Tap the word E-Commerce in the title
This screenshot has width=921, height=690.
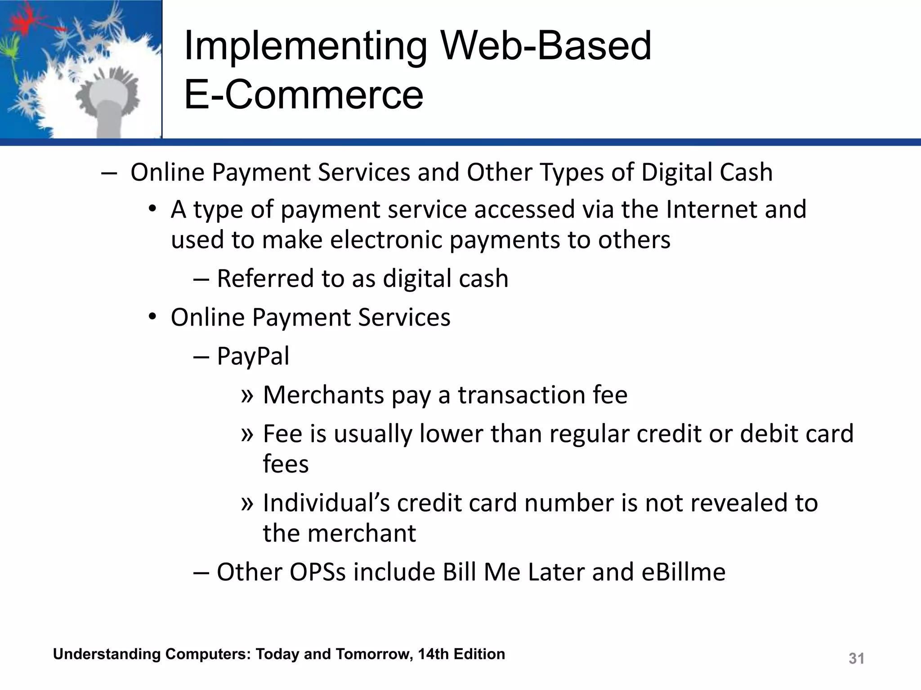tap(304, 95)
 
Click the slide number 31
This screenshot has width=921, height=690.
tap(856, 659)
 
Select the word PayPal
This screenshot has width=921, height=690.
tap(253, 357)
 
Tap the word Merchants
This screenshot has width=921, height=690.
tap(324, 395)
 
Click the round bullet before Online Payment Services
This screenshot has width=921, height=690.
tap(153, 317)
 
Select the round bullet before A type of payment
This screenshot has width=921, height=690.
tap(153, 209)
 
